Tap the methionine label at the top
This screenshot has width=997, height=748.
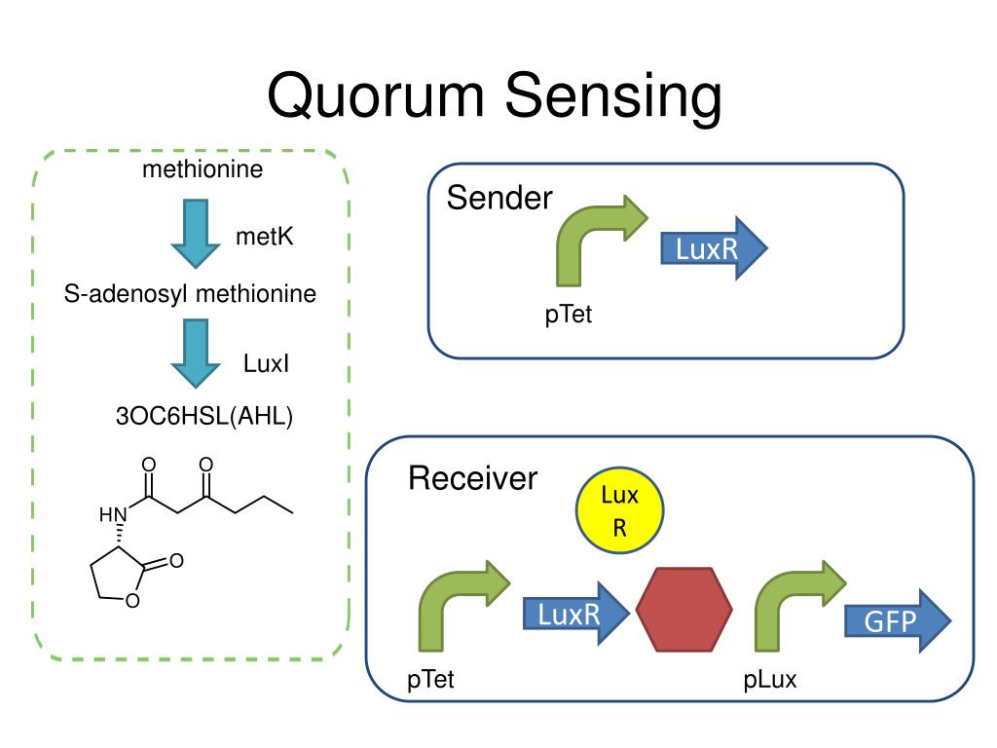[203, 170]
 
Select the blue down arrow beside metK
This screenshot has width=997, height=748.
[195, 232]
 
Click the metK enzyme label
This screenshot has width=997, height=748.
[264, 237]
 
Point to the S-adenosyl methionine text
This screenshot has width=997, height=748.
[190, 293]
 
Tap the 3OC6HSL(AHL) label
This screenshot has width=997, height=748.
[204, 416]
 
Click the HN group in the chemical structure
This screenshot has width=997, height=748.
[113, 514]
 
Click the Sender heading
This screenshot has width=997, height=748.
[499, 200]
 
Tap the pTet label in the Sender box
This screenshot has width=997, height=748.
[569, 315]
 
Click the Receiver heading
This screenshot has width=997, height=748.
[472, 478]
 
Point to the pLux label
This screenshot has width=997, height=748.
[770, 679]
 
